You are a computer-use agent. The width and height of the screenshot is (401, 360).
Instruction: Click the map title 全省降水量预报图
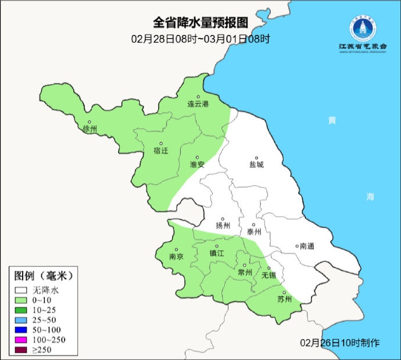tap(200, 23)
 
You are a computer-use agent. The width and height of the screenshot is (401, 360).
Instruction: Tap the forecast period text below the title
tap(200, 39)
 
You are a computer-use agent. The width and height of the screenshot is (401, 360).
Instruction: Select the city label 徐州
tap(90, 129)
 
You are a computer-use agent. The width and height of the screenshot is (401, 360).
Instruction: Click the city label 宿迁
tap(160, 151)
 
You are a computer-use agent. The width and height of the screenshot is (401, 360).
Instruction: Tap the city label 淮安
tap(197, 165)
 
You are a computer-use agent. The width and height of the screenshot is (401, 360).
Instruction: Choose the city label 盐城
tap(256, 165)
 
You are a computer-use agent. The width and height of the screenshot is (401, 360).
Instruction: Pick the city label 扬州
tap(223, 226)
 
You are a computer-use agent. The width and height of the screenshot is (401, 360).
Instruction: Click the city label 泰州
tap(254, 231)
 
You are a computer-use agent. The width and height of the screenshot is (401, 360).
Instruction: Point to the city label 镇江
tap(216, 253)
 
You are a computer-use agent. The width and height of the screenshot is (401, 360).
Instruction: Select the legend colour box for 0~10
tap(22, 300)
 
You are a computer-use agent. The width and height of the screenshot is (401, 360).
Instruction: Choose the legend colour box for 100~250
tap(22, 339)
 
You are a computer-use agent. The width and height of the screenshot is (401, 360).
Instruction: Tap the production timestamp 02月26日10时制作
tap(341, 342)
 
